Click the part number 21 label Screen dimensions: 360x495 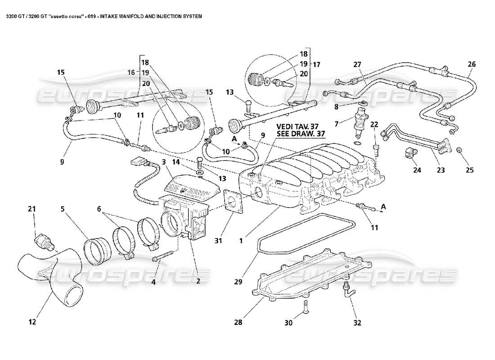[x=31, y=209]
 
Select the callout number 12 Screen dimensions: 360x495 [x=32, y=322]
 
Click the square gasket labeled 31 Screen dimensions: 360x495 [x=233, y=202]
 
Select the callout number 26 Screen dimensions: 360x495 [x=471, y=64]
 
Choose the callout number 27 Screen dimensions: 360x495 [x=357, y=64]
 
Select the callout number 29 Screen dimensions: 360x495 [x=238, y=282]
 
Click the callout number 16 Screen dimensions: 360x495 [x=131, y=72]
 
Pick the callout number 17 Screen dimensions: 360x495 [x=316, y=64]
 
